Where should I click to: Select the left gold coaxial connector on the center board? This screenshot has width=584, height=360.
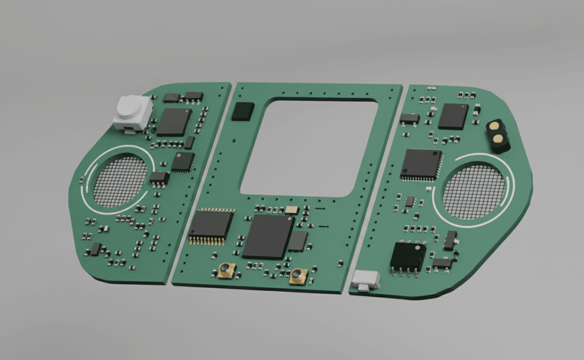pyautogui.click(x=225, y=271)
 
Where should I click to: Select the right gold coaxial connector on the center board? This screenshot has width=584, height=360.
pyautogui.click(x=299, y=276)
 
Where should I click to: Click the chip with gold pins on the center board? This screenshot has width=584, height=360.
pyautogui.click(x=210, y=226)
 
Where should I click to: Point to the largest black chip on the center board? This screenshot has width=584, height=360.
pyautogui.click(x=268, y=236)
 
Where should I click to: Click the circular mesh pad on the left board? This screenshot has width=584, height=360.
pyautogui.click(x=120, y=181)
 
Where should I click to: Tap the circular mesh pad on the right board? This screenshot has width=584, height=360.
pyautogui.click(x=474, y=192)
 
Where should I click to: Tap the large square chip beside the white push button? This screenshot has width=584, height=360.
pyautogui.click(x=173, y=122)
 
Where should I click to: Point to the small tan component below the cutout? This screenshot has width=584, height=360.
pyautogui.click(x=292, y=209)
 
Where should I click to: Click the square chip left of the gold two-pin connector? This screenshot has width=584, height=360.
pyautogui.click(x=453, y=117)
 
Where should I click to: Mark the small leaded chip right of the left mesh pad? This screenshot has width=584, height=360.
pyautogui.click(x=159, y=178)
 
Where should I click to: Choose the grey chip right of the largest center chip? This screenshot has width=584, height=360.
pyautogui.click(x=298, y=241)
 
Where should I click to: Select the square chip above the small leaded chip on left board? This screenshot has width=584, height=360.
pyautogui.click(x=183, y=162)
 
